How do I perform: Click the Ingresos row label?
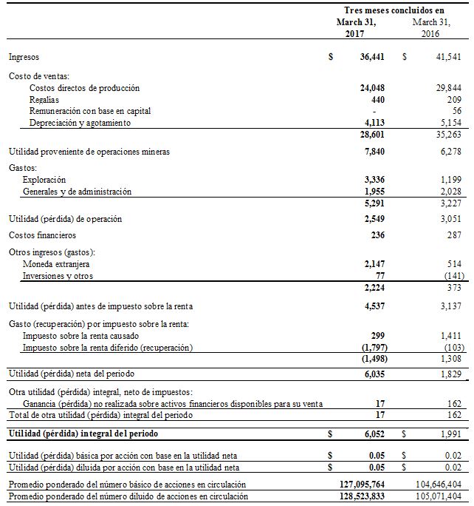click(24, 57)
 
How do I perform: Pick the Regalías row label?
click(44, 99)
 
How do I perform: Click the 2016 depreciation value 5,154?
click(450, 122)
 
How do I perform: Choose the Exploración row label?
click(44, 180)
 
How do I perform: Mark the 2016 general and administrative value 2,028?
click(450, 192)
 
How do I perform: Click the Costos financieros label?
click(42, 235)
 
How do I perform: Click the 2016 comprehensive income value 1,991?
click(450, 433)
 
